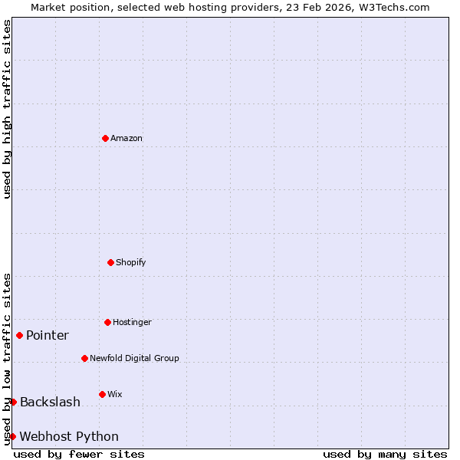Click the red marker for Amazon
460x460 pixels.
click(105, 138)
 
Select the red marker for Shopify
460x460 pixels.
click(110, 262)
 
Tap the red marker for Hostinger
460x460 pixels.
click(107, 322)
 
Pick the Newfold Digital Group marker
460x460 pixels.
click(84, 358)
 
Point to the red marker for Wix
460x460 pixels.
click(102, 394)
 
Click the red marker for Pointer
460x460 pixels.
click(19, 335)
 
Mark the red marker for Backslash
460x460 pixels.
click(13, 402)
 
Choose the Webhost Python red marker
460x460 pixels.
click(12, 436)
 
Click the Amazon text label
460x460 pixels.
click(127, 139)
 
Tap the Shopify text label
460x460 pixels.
click(130, 263)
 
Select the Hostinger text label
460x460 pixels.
click(132, 323)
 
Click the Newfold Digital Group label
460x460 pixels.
click(134, 359)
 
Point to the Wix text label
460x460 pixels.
click(115, 395)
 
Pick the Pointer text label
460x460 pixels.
click(48, 336)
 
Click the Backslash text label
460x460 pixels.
click(50, 402)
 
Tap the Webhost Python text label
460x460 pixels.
click(69, 437)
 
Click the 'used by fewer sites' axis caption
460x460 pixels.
click(79, 454)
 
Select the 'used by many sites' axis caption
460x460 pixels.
click(385, 454)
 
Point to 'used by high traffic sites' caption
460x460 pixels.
click(7, 109)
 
